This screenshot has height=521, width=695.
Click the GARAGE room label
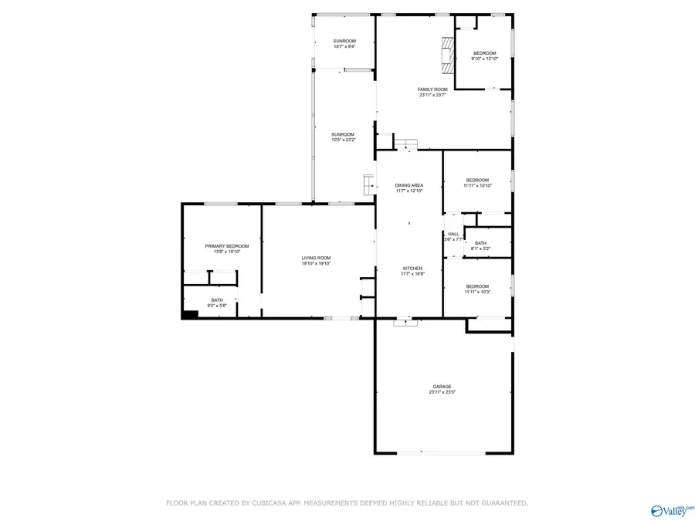point(442,387)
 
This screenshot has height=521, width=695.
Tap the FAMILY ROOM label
point(432,90)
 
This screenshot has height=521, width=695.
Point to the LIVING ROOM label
point(316,258)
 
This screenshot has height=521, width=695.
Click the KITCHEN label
point(412,269)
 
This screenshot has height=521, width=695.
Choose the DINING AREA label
point(409,185)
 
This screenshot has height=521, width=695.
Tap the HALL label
point(453,234)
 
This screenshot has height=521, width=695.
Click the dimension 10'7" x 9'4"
point(344,46)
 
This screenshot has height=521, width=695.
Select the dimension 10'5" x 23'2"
point(343,140)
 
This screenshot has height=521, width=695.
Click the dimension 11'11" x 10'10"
point(477,185)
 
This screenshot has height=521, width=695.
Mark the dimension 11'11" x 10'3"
point(477,292)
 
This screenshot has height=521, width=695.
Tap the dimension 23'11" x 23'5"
point(442,392)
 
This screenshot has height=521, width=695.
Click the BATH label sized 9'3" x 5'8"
point(217,300)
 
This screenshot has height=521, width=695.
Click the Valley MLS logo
point(672,509)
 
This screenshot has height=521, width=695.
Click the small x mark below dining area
point(409,223)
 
